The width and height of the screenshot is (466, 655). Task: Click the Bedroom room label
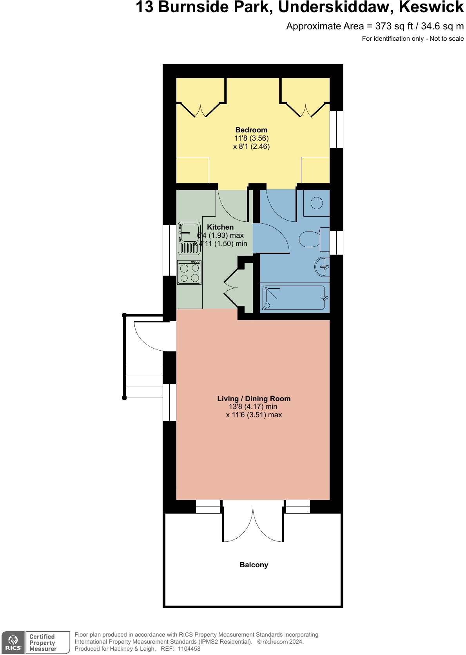click(x=251, y=130)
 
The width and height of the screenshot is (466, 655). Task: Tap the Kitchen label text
click(x=220, y=227)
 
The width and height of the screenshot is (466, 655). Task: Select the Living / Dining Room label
click(x=254, y=399)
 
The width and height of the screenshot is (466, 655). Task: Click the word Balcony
click(x=254, y=565)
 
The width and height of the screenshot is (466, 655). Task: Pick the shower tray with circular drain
click(x=316, y=203)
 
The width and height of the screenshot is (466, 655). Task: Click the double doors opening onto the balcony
click(x=253, y=523)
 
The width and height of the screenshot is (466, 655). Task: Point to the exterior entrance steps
click(x=143, y=376)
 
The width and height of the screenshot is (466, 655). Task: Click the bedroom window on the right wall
click(x=336, y=129)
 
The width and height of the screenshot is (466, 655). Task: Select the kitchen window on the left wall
click(x=169, y=250)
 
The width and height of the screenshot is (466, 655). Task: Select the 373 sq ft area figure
click(x=393, y=26)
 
